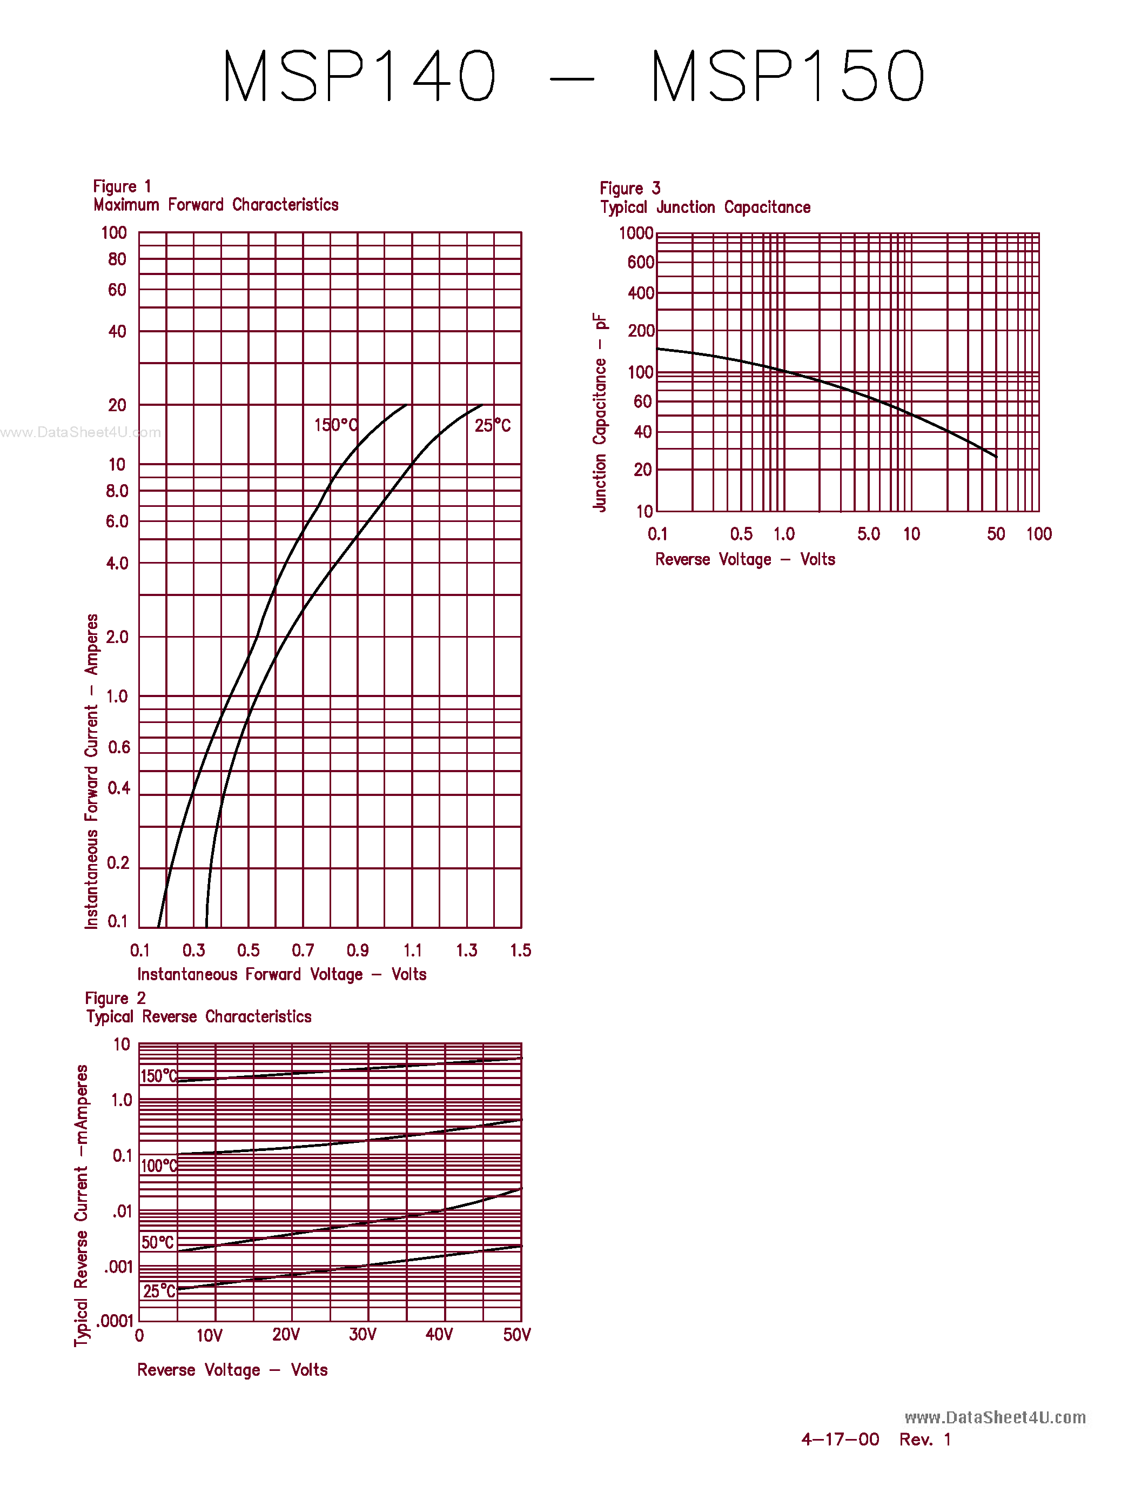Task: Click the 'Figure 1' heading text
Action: pos(122,186)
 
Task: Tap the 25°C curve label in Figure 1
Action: pos(492,426)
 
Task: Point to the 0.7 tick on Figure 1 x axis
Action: pos(303,950)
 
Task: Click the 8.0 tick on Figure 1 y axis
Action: pos(117,491)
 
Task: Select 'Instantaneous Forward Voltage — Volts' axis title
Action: pos(281,974)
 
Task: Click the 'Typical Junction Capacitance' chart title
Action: pos(705,207)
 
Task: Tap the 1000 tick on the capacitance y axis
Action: pos(636,233)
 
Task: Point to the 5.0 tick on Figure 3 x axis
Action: pos(869,534)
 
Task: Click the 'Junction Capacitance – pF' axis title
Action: pos(599,412)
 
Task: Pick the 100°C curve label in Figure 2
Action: pos(158,1166)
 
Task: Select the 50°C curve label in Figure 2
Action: pos(158,1242)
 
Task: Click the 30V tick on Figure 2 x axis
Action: pos(362,1334)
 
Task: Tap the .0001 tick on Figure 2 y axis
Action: pos(115,1321)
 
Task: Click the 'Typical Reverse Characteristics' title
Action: pos(199,1016)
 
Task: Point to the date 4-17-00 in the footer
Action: pos(840,1439)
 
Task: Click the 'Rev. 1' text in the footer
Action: pos(925,1439)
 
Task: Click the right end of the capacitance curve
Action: pos(996,456)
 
